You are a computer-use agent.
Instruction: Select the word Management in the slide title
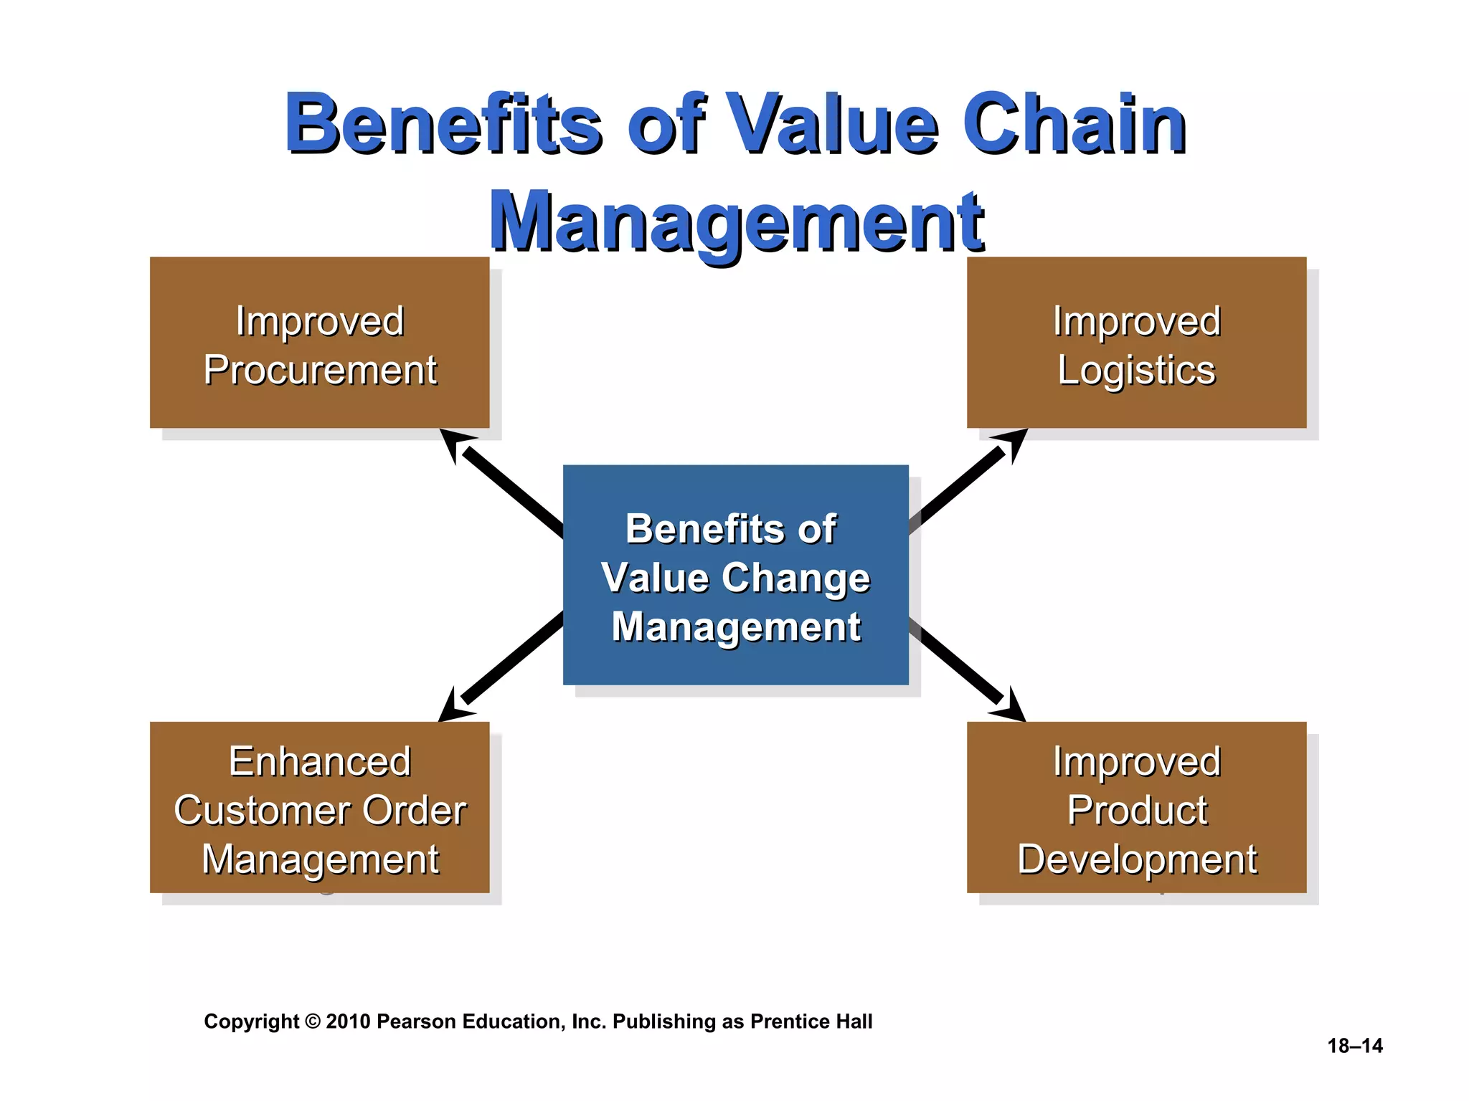[737, 222]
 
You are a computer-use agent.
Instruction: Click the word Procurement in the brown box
[320, 371]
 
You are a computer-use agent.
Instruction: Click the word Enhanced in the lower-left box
[320, 761]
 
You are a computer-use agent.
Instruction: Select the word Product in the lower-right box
[1137, 811]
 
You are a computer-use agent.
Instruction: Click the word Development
[1137, 859]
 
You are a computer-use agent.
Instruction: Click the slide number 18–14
[1354, 1046]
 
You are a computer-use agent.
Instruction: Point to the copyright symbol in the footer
[313, 1021]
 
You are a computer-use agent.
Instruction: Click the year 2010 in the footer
[348, 1021]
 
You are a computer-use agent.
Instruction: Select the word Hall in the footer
[854, 1021]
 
